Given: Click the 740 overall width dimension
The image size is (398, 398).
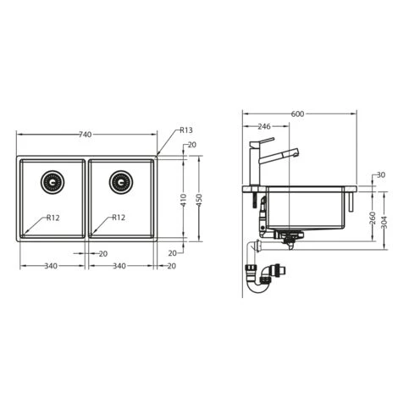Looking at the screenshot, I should coord(86,135).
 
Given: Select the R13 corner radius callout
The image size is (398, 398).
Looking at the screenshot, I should coord(185,130).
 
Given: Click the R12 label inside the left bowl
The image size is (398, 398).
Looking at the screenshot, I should coord(52,217).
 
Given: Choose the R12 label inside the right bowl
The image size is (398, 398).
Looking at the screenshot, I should coord(119,217).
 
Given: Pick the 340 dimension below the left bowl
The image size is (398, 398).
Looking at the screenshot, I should coord(51,266).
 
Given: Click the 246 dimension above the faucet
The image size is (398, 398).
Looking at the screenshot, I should coord(263,126).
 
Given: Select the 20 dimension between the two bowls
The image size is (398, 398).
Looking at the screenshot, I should coord(102,253).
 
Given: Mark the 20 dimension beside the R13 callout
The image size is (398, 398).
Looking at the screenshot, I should coord(192,145).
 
